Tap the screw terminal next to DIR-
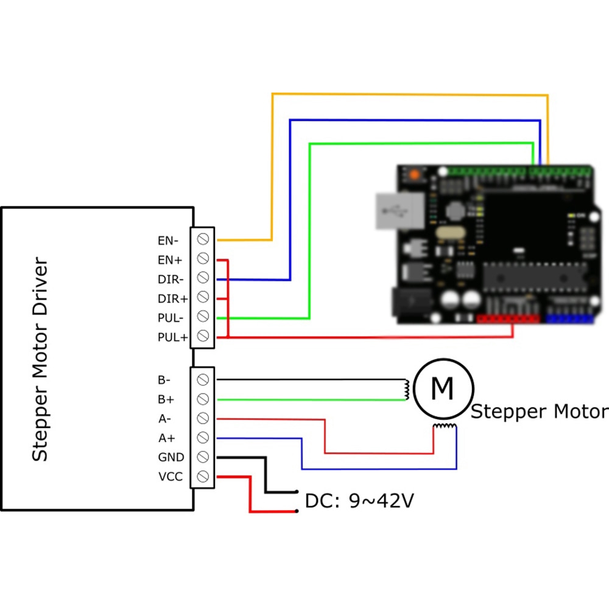click(x=203, y=278)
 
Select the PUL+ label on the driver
click(x=172, y=337)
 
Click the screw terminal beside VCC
click(x=203, y=476)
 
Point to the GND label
click(x=170, y=457)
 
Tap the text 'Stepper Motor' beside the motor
click(x=540, y=412)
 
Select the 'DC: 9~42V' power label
click(x=359, y=501)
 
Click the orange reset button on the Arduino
click(x=415, y=174)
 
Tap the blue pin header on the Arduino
click(x=569, y=318)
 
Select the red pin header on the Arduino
click(x=509, y=318)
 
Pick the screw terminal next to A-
click(x=203, y=418)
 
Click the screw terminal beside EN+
click(x=203, y=259)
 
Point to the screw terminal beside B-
click(x=203, y=380)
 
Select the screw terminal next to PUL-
click(x=203, y=317)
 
